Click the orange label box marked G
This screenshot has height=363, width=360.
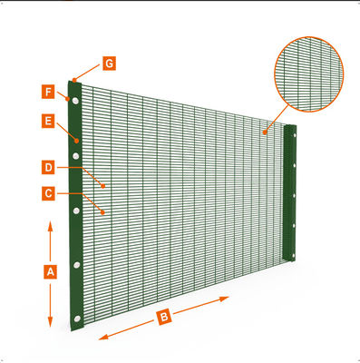click(x=109, y=64)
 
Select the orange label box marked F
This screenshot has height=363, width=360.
click(x=48, y=92)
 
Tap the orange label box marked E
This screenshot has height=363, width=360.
click(x=48, y=122)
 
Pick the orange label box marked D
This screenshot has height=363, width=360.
click(x=48, y=167)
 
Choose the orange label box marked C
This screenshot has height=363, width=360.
click(x=48, y=193)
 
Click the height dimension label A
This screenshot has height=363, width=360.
click(x=50, y=271)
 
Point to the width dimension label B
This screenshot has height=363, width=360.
click(x=164, y=318)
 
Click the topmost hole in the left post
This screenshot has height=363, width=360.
click(x=75, y=101)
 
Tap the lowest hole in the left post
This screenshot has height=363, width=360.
click(x=77, y=319)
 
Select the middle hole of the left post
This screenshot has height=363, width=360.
click(x=76, y=211)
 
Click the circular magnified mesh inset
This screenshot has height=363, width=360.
click(x=308, y=74)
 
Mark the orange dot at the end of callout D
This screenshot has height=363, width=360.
click(x=103, y=186)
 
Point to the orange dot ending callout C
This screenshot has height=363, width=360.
click(x=102, y=212)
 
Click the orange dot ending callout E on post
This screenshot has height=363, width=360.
click(x=77, y=141)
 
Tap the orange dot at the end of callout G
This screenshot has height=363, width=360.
click(x=74, y=81)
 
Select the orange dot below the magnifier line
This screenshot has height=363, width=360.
click(x=265, y=132)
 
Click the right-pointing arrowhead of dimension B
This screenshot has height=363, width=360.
click(x=224, y=299)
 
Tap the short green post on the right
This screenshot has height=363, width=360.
click(x=289, y=192)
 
